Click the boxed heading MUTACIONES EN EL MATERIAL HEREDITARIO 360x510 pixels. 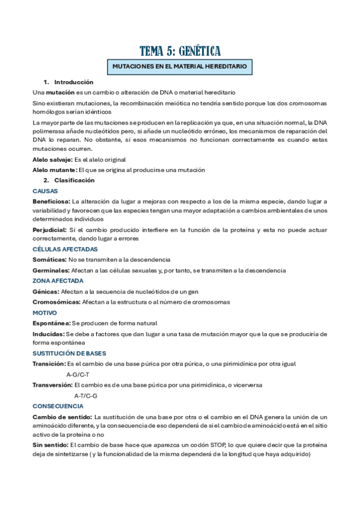tap(180, 66)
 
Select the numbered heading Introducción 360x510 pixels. tap(74, 82)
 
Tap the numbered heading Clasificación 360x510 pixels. tap(75, 180)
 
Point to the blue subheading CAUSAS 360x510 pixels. tap(45, 191)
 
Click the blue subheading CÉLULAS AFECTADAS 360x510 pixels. tap(65, 249)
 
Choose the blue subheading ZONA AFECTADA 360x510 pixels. tap(58, 280)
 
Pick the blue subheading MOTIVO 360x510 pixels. tap(45, 313)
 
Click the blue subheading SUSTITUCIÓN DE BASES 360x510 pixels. tap(69, 354)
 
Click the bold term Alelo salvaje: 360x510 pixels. tap(52, 159)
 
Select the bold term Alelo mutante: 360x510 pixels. tap(55, 170)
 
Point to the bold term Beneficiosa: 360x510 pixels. tap(51, 201)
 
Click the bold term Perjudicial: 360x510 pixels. tap(50, 230)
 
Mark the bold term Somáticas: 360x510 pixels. tap(49, 260)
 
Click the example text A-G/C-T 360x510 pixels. tap(78, 374)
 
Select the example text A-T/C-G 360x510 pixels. tap(85, 395)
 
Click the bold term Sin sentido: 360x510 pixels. tap(50, 445)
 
